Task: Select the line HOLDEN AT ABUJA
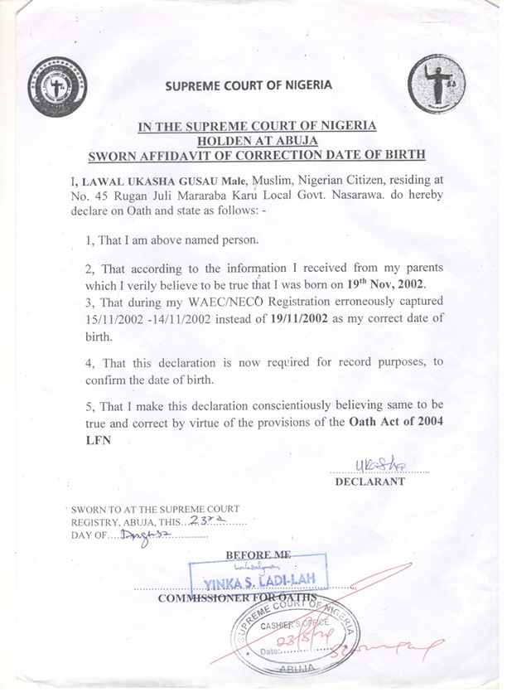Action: pos(257,140)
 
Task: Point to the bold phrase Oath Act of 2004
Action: pos(388,424)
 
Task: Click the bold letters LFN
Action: pos(98,440)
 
